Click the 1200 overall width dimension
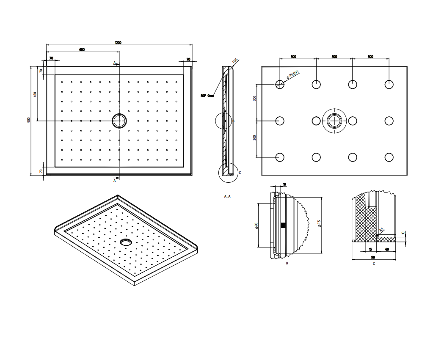118,42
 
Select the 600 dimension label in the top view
82,49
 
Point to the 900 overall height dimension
29,120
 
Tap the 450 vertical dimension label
35,94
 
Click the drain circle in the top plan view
119,121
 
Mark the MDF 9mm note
207,96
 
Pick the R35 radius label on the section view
235,60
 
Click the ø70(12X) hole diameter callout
293,75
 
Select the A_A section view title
227,196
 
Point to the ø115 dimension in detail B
320,223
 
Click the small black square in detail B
283,225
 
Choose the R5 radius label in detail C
381,230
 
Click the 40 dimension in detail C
387,250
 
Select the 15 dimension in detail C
370,250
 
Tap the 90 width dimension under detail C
373,257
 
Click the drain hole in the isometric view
126,242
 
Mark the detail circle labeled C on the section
227,173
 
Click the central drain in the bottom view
334,121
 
